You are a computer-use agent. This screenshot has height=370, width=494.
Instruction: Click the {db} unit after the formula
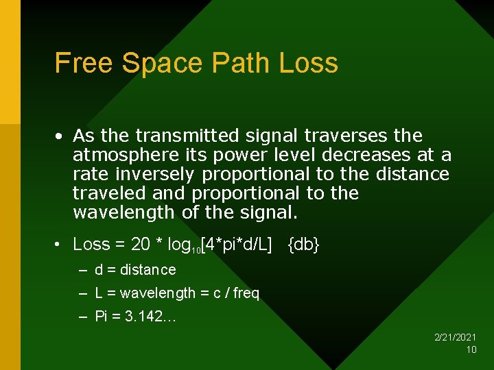(303, 245)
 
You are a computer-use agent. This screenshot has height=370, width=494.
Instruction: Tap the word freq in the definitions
(246, 293)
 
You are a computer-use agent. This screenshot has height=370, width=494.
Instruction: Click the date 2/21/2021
(456, 337)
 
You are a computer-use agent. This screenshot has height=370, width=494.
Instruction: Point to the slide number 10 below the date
(471, 349)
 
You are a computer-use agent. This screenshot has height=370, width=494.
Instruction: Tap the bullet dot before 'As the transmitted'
(61, 136)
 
